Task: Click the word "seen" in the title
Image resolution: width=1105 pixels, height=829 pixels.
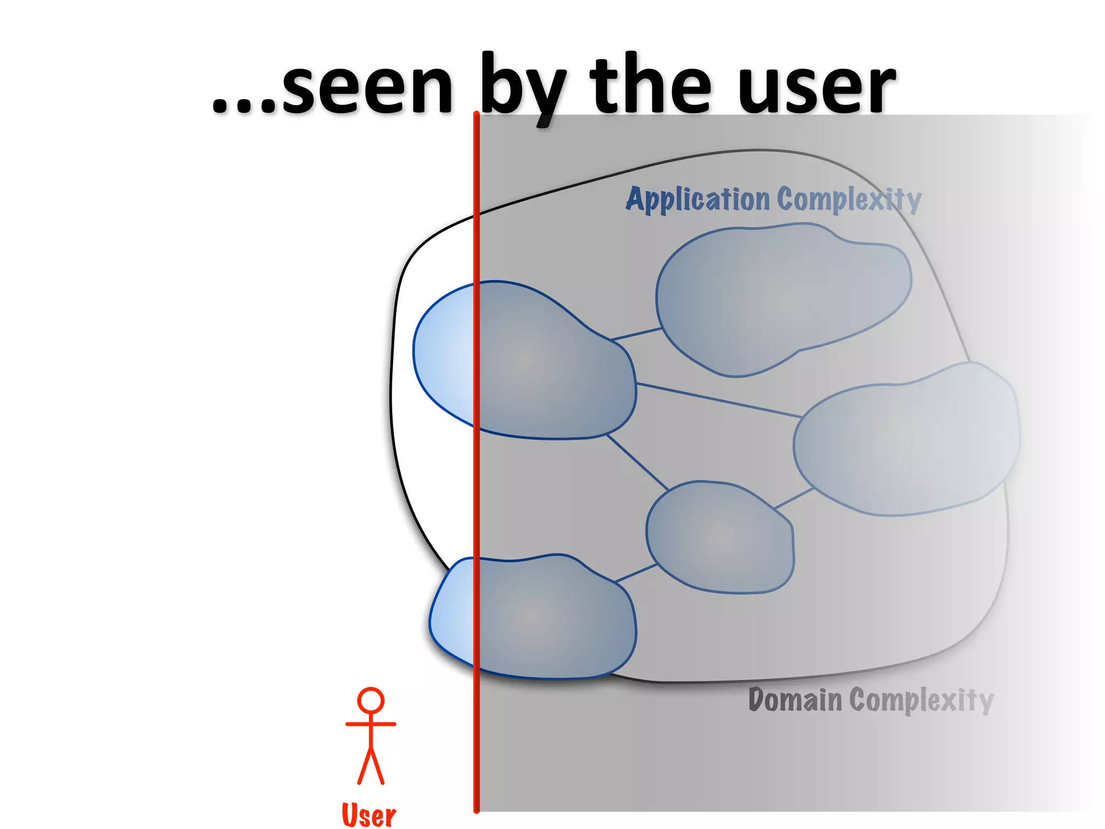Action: pyautogui.click(x=367, y=86)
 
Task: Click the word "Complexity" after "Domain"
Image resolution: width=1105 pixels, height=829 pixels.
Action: pyautogui.click(x=921, y=701)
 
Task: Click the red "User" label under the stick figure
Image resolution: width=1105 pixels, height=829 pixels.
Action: pyautogui.click(x=369, y=815)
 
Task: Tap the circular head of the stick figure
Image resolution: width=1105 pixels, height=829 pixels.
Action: pyautogui.click(x=371, y=701)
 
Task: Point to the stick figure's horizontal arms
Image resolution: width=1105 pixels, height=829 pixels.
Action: pyautogui.click(x=371, y=724)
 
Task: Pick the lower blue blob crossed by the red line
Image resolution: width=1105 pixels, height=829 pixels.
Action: pyautogui.click(x=531, y=618)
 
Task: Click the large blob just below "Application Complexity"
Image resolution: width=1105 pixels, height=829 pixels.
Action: pyautogui.click(x=782, y=300)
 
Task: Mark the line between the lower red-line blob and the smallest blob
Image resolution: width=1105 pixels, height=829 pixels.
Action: pyautogui.click(x=636, y=573)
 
